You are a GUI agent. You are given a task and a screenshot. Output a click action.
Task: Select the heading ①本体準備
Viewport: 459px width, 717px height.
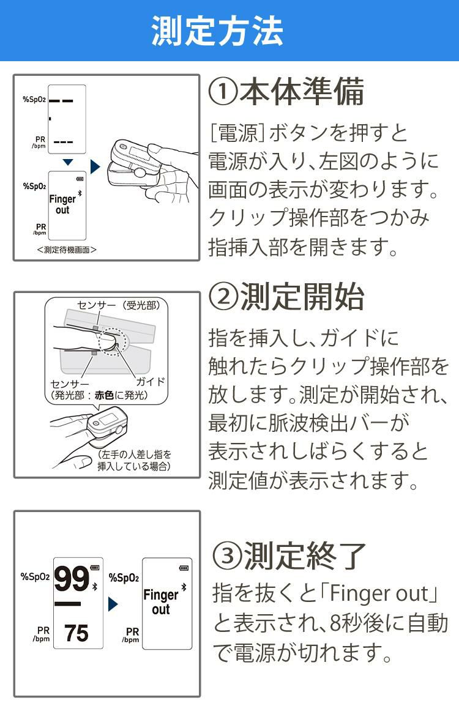coord(286,92)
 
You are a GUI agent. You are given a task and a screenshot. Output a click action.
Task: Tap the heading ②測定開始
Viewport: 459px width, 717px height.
coord(286,297)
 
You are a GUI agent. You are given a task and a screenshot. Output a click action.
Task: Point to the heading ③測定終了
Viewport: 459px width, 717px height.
coord(289,555)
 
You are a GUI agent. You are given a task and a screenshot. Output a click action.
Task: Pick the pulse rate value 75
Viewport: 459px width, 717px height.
coord(76,633)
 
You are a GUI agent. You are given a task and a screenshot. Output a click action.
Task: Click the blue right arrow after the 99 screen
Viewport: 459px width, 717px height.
coord(112,604)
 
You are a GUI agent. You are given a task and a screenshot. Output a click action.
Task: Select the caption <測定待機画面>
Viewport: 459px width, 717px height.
coord(67,250)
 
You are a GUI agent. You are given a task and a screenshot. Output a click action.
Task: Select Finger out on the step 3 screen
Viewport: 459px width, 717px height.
coord(160,602)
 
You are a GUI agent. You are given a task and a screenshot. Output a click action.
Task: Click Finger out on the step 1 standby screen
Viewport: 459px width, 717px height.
coord(62,204)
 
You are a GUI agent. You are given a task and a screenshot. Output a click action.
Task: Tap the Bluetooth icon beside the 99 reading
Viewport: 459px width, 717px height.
coord(94,587)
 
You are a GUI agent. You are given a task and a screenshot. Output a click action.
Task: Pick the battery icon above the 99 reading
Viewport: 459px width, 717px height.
coord(94,567)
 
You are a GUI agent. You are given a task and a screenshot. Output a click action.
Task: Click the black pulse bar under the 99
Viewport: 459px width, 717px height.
coord(67,604)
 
